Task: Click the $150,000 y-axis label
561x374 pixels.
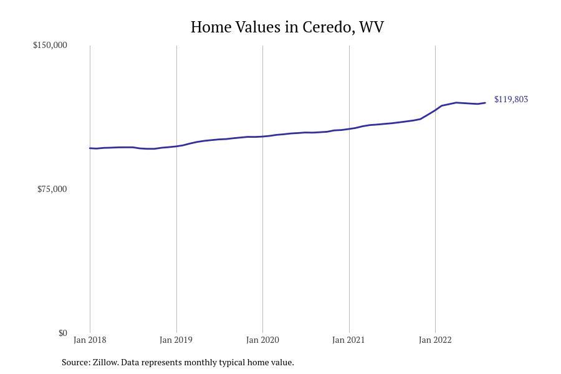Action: pos(50,46)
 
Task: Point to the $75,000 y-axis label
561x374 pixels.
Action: pos(52,189)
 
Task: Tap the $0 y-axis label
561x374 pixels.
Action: pos(62,333)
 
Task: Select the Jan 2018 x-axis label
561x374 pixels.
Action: pos(90,340)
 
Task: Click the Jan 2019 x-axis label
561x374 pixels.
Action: pos(176,340)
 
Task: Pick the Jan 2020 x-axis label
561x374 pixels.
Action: pos(262,340)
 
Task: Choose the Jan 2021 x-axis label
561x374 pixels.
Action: pos(348,340)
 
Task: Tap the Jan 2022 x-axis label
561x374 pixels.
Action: pos(435,340)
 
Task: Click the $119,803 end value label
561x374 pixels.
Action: pos(511,100)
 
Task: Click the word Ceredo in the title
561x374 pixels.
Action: pos(327,27)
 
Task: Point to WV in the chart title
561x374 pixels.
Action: pos(372,27)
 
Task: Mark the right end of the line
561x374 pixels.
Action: pos(485,103)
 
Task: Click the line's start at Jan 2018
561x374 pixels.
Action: pos(90,148)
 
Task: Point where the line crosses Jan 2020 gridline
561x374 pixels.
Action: pos(262,137)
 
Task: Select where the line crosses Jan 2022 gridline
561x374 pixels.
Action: pos(435,110)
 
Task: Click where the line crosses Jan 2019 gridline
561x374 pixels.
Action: pos(176,146)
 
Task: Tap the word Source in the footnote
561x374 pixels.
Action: pos(75,362)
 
